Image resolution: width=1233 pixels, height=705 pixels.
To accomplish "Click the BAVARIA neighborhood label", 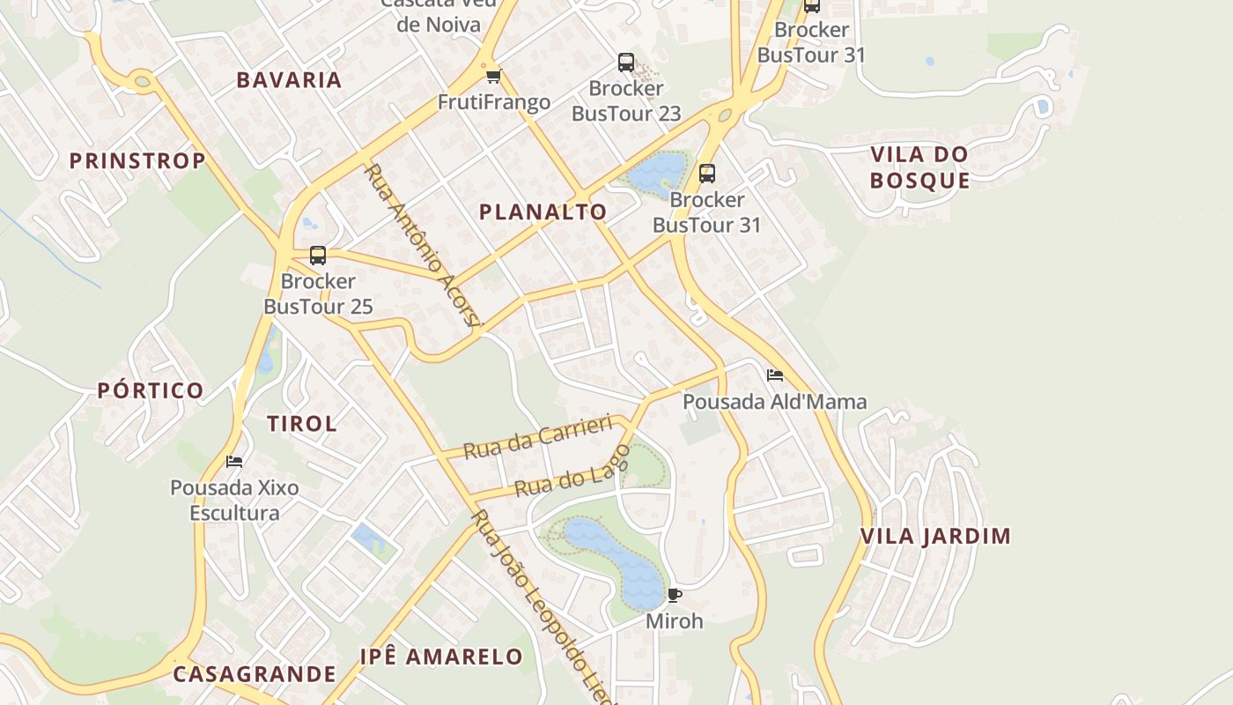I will pyautogui.click(x=289, y=80).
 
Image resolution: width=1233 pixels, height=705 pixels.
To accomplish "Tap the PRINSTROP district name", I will pyautogui.click(x=137, y=160).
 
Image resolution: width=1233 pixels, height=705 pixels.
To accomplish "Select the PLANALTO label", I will pyautogui.click(x=543, y=211).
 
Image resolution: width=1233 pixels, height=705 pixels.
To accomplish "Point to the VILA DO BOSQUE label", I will pyautogui.click(x=919, y=167).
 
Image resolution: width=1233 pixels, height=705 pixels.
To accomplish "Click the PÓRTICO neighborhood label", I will pyautogui.click(x=151, y=390).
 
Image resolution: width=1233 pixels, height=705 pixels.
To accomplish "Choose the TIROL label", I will pyautogui.click(x=302, y=423).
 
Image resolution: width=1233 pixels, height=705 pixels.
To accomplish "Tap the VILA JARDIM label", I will pyautogui.click(x=935, y=536).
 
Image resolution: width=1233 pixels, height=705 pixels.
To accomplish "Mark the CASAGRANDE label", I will pyautogui.click(x=255, y=674).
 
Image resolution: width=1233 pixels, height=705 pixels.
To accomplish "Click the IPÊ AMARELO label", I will pyautogui.click(x=441, y=657).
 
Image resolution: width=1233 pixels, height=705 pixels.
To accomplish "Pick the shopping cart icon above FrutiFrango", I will pyautogui.click(x=494, y=77).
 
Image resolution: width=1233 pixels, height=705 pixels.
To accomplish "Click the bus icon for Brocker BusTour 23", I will pyautogui.click(x=626, y=63).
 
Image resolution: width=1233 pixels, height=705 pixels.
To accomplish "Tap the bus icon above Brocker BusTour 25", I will pyautogui.click(x=318, y=256).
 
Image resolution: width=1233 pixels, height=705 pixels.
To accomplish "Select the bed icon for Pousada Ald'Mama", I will pyautogui.click(x=775, y=375).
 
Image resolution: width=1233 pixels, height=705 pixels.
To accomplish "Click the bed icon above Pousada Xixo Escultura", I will pyautogui.click(x=234, y=461).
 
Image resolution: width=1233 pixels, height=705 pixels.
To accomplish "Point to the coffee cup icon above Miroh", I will pyautogui.click(x=675, y=595).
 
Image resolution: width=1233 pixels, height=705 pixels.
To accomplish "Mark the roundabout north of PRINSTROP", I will pyautogui.click(x=142, y=82).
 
